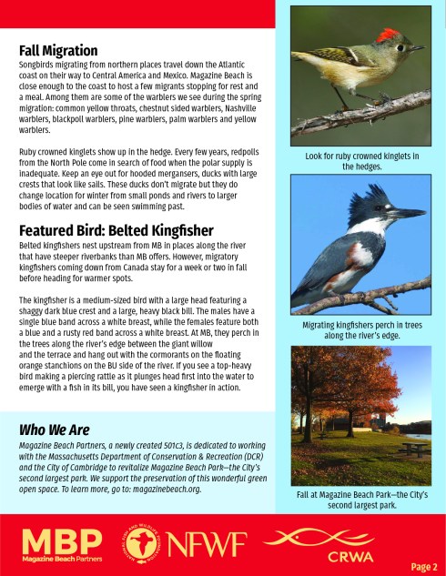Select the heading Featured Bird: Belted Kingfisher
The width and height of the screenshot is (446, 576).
(x=116, y=229)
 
